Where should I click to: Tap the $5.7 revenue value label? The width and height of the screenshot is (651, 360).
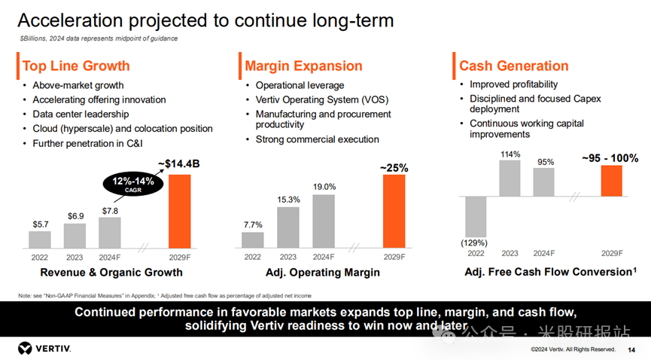pyautogui.click(x=41, y=224)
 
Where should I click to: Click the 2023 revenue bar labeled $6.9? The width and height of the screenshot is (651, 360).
pyautogui.click(x=76, y=236)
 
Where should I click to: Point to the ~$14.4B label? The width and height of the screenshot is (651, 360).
pyautogui.click(x=178, y=163)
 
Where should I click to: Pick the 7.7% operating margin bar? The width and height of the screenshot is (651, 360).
pyautogui.click(x=253, y=239)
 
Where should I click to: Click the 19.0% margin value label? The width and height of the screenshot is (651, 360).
pyautogui.click(x=324, y=187)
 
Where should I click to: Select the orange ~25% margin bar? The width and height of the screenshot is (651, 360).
pyautogui.click(x=394, y=211)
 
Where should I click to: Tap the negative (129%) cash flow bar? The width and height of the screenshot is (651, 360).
pyautogui.click(x=476, y=217)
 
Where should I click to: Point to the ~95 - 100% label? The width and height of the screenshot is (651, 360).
pyautogui.click(x=610, y=158)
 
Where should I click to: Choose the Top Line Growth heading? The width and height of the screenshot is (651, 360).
pyautogui.click(x=76, y=66)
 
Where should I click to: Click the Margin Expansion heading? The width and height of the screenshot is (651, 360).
pyautogui.click(x=303, y=66)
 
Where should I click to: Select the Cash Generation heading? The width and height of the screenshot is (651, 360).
pyautogui.click(x=514, y=66)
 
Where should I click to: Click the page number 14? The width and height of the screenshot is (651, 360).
pyautogui.click(x=631, y=349)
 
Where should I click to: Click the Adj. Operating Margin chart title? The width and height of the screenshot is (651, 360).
pyautogui.click(x=323, y=273)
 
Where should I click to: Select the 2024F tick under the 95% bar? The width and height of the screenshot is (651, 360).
pyautogui.click(x=544, y=253)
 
